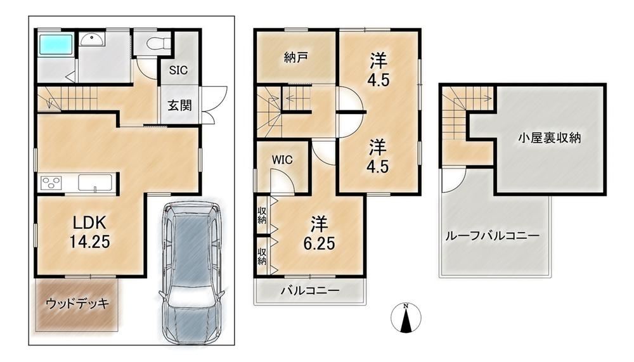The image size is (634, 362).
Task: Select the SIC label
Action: click(178, 70)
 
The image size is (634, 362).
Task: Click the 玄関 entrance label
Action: click(179, 106)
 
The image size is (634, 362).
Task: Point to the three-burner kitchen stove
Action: click(51, 183)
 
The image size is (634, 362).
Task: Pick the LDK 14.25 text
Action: click(90, 232)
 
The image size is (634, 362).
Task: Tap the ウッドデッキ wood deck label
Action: click(77, 303)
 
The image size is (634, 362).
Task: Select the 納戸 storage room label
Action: click(296, 58)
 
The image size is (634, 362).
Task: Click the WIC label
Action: click(282, 160)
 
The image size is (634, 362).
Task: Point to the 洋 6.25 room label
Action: click(319, 233)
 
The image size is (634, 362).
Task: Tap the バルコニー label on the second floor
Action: click(310, 290)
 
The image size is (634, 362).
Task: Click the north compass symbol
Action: click(406, 318)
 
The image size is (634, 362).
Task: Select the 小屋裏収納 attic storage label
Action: click(550, 138)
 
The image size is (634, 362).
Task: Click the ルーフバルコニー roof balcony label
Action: click(493, 236)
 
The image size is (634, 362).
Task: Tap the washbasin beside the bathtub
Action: click(92, 39)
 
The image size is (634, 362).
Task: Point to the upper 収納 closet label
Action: click(262, 215)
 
